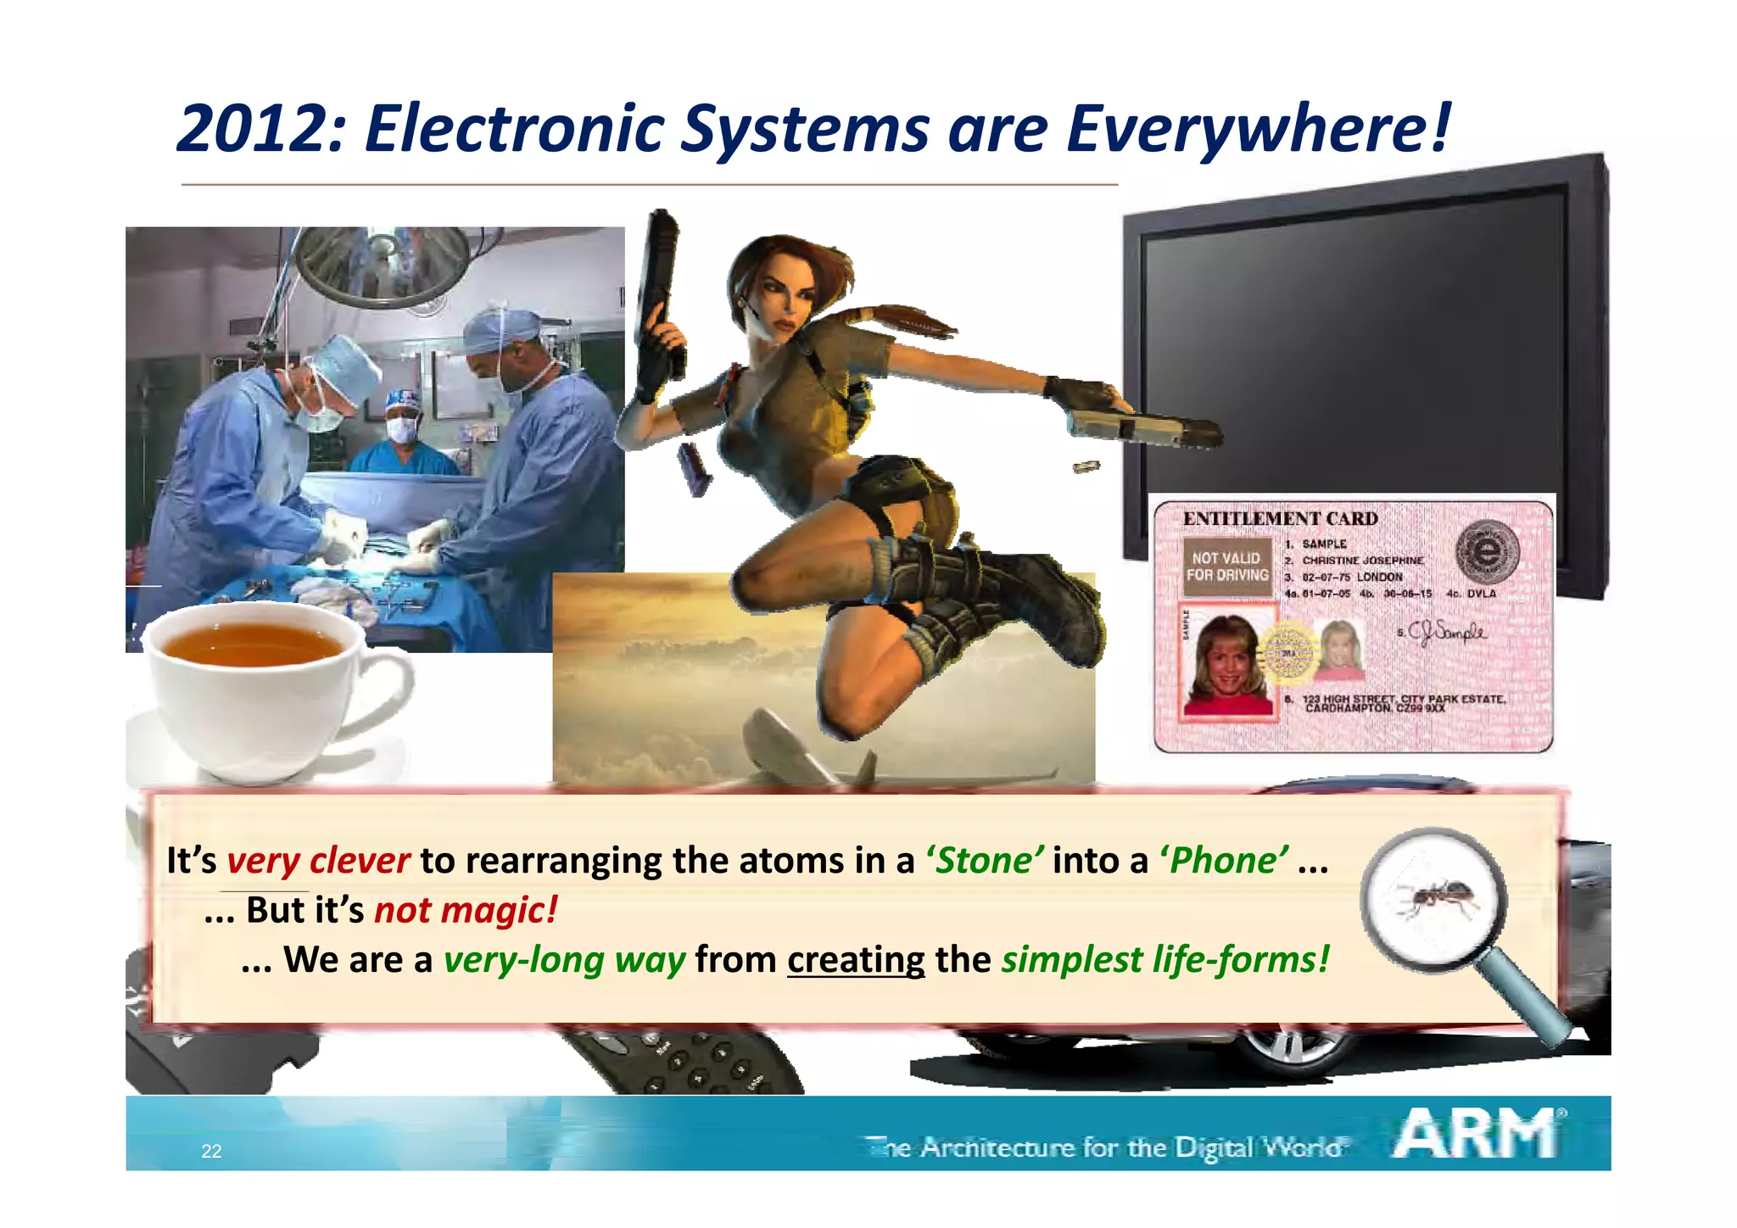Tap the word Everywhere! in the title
click(1259, 129)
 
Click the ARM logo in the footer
click(1477, 1134)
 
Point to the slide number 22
click(211, 1151)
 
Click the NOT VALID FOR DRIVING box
click(1226, 567)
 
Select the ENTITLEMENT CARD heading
click(1280, 518)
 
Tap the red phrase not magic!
click(466, 910)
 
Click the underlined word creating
click(856, 960)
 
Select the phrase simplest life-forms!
click(1165, 960)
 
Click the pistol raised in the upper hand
click(659, 288)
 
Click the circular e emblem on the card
click(1487, 551)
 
